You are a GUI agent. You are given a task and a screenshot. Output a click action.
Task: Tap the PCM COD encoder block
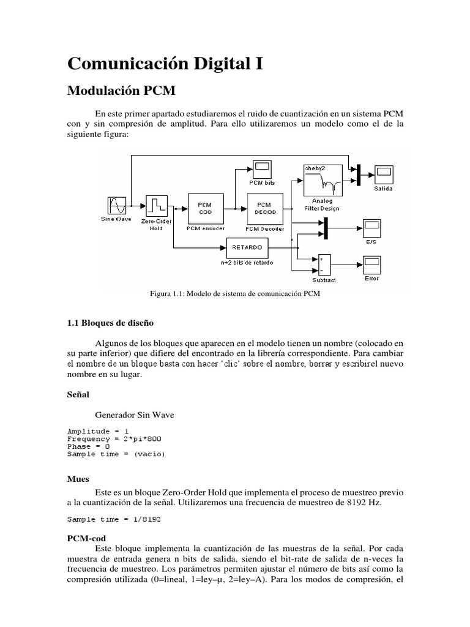pos(206,208)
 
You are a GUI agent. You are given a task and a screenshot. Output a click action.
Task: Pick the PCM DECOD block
pos(265,208)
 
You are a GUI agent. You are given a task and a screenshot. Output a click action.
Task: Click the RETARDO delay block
pos(248,248)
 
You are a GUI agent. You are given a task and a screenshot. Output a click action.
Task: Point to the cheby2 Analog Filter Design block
pos(323,179)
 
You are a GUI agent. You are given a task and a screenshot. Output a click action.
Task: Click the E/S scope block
pos(372,228)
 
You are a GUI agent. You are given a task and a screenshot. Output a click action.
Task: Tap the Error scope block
pos(371,266)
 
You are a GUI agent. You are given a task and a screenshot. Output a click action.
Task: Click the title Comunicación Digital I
pos(165,63)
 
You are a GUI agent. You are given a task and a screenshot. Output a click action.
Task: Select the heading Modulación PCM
pos(121,91)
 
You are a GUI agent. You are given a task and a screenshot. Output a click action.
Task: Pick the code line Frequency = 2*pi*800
pos(114,439)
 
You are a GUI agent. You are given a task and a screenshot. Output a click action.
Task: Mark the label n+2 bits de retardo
pos(247,262)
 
